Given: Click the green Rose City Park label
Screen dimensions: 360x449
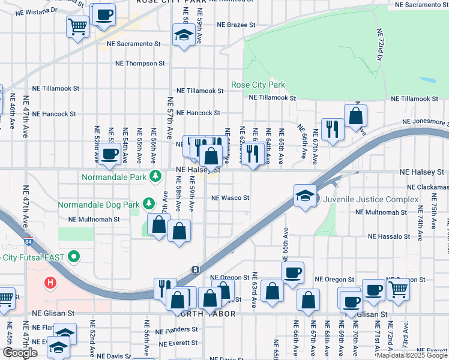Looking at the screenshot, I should (x=258, y=85).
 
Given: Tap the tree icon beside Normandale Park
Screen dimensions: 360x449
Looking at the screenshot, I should (x=155, y=176).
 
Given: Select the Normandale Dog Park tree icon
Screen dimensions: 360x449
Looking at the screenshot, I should (x=149, y=204).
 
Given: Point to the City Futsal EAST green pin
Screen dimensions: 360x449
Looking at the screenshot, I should (x=74, y=257).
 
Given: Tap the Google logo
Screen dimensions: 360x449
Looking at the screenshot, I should (x=20, y=353).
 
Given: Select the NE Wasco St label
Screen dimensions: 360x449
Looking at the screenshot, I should (x=230, y=197).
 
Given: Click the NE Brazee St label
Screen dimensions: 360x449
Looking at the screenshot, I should (x=237, y=25).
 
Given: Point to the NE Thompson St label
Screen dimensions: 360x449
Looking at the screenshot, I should (x=140, y=63).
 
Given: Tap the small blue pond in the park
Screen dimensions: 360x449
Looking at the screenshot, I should (x=427, y=80).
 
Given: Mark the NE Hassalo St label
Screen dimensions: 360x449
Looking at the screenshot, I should (x=389, y=236).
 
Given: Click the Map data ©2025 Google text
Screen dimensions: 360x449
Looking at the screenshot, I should (x=412, y=355).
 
